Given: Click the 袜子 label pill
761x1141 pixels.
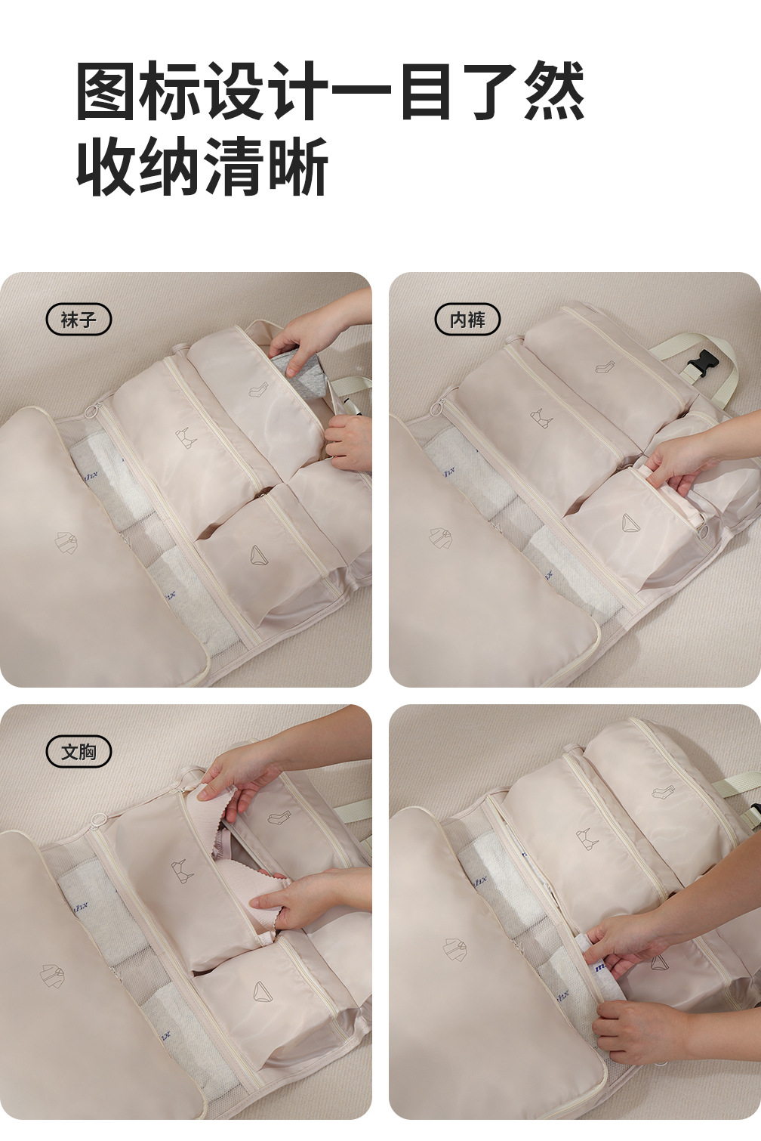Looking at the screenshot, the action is [79, 320].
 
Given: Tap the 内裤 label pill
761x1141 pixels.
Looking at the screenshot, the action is [467, 320].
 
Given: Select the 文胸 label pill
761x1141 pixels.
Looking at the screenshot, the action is [79, 752].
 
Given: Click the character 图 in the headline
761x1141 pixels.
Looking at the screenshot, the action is [106, 91].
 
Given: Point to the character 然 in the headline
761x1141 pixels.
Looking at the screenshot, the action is [554, 91].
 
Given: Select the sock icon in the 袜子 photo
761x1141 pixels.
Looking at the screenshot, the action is [258, 390].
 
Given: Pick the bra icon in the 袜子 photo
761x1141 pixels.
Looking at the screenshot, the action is [186, 438].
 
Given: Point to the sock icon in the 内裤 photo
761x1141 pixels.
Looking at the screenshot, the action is [605, 366].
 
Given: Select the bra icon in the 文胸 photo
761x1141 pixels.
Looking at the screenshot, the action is [183, 870].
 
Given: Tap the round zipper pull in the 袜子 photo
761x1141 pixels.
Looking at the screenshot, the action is [94, 409].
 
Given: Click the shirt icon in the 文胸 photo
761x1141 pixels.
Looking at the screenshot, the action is [52, 976].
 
